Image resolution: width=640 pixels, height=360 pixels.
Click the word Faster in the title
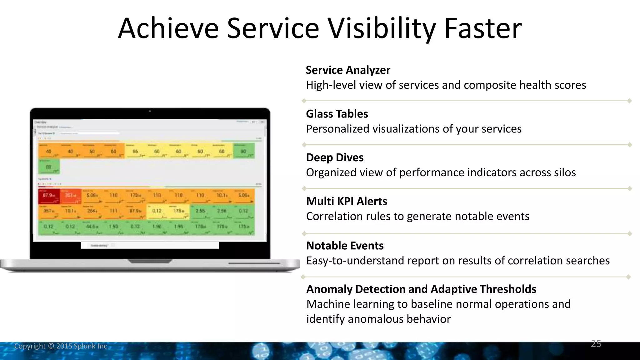tap(482, 29)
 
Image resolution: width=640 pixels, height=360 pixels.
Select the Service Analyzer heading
tap(348, 70)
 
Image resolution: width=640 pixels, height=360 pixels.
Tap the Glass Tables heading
tap(337, 114)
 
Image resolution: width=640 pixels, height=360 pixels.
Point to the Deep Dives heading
tap(335, 157)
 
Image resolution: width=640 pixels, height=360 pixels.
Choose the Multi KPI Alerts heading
tap(347, 201)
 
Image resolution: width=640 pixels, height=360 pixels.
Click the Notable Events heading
tap(345, 246)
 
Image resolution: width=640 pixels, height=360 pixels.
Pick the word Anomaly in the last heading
tap(329, 289)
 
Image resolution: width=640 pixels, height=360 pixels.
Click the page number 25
tap(596, 344)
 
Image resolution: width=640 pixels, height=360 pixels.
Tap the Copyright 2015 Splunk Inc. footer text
tap(62, 346)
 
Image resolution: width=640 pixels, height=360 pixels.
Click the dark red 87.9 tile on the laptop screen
tap(49, 196)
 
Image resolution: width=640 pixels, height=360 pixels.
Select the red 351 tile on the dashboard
tap(70, 196)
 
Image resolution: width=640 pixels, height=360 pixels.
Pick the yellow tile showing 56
tap(135, 151)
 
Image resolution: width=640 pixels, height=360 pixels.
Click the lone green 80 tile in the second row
tap(49, 167)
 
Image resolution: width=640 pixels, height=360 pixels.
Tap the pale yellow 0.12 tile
tap(157, 212)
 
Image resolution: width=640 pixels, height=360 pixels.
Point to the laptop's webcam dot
tap(150, 111)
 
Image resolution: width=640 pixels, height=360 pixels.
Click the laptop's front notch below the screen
tap(150, 261)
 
